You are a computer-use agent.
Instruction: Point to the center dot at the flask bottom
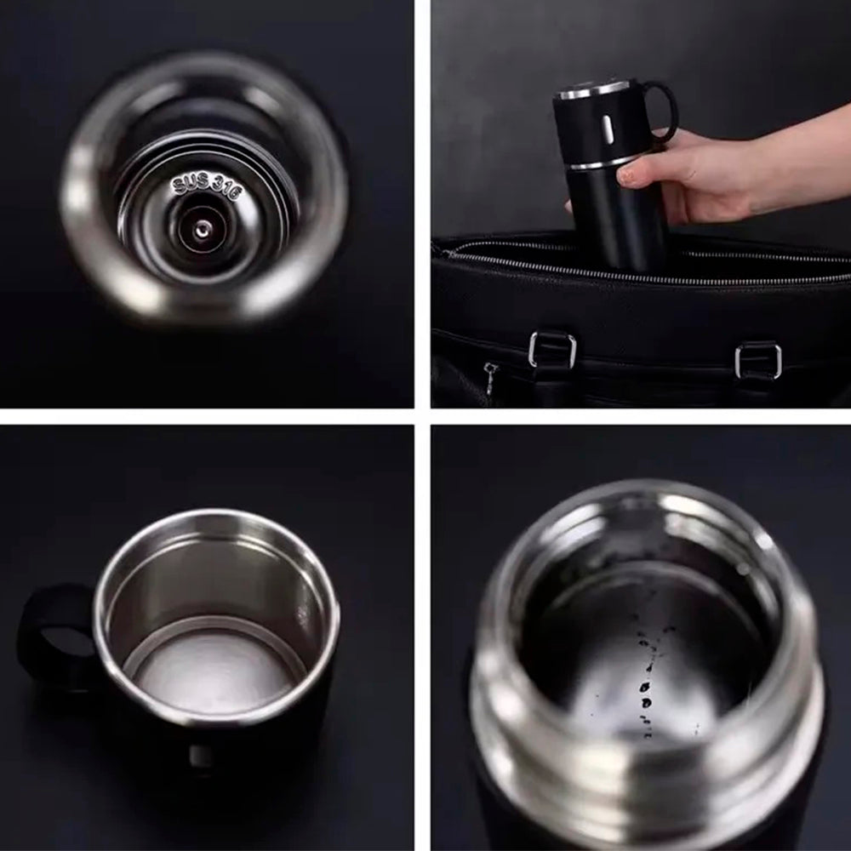202,231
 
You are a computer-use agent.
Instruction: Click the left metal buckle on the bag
552,350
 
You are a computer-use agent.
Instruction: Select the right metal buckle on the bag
758,360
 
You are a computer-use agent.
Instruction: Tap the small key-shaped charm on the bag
491,375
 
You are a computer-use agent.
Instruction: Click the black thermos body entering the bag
616,217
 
